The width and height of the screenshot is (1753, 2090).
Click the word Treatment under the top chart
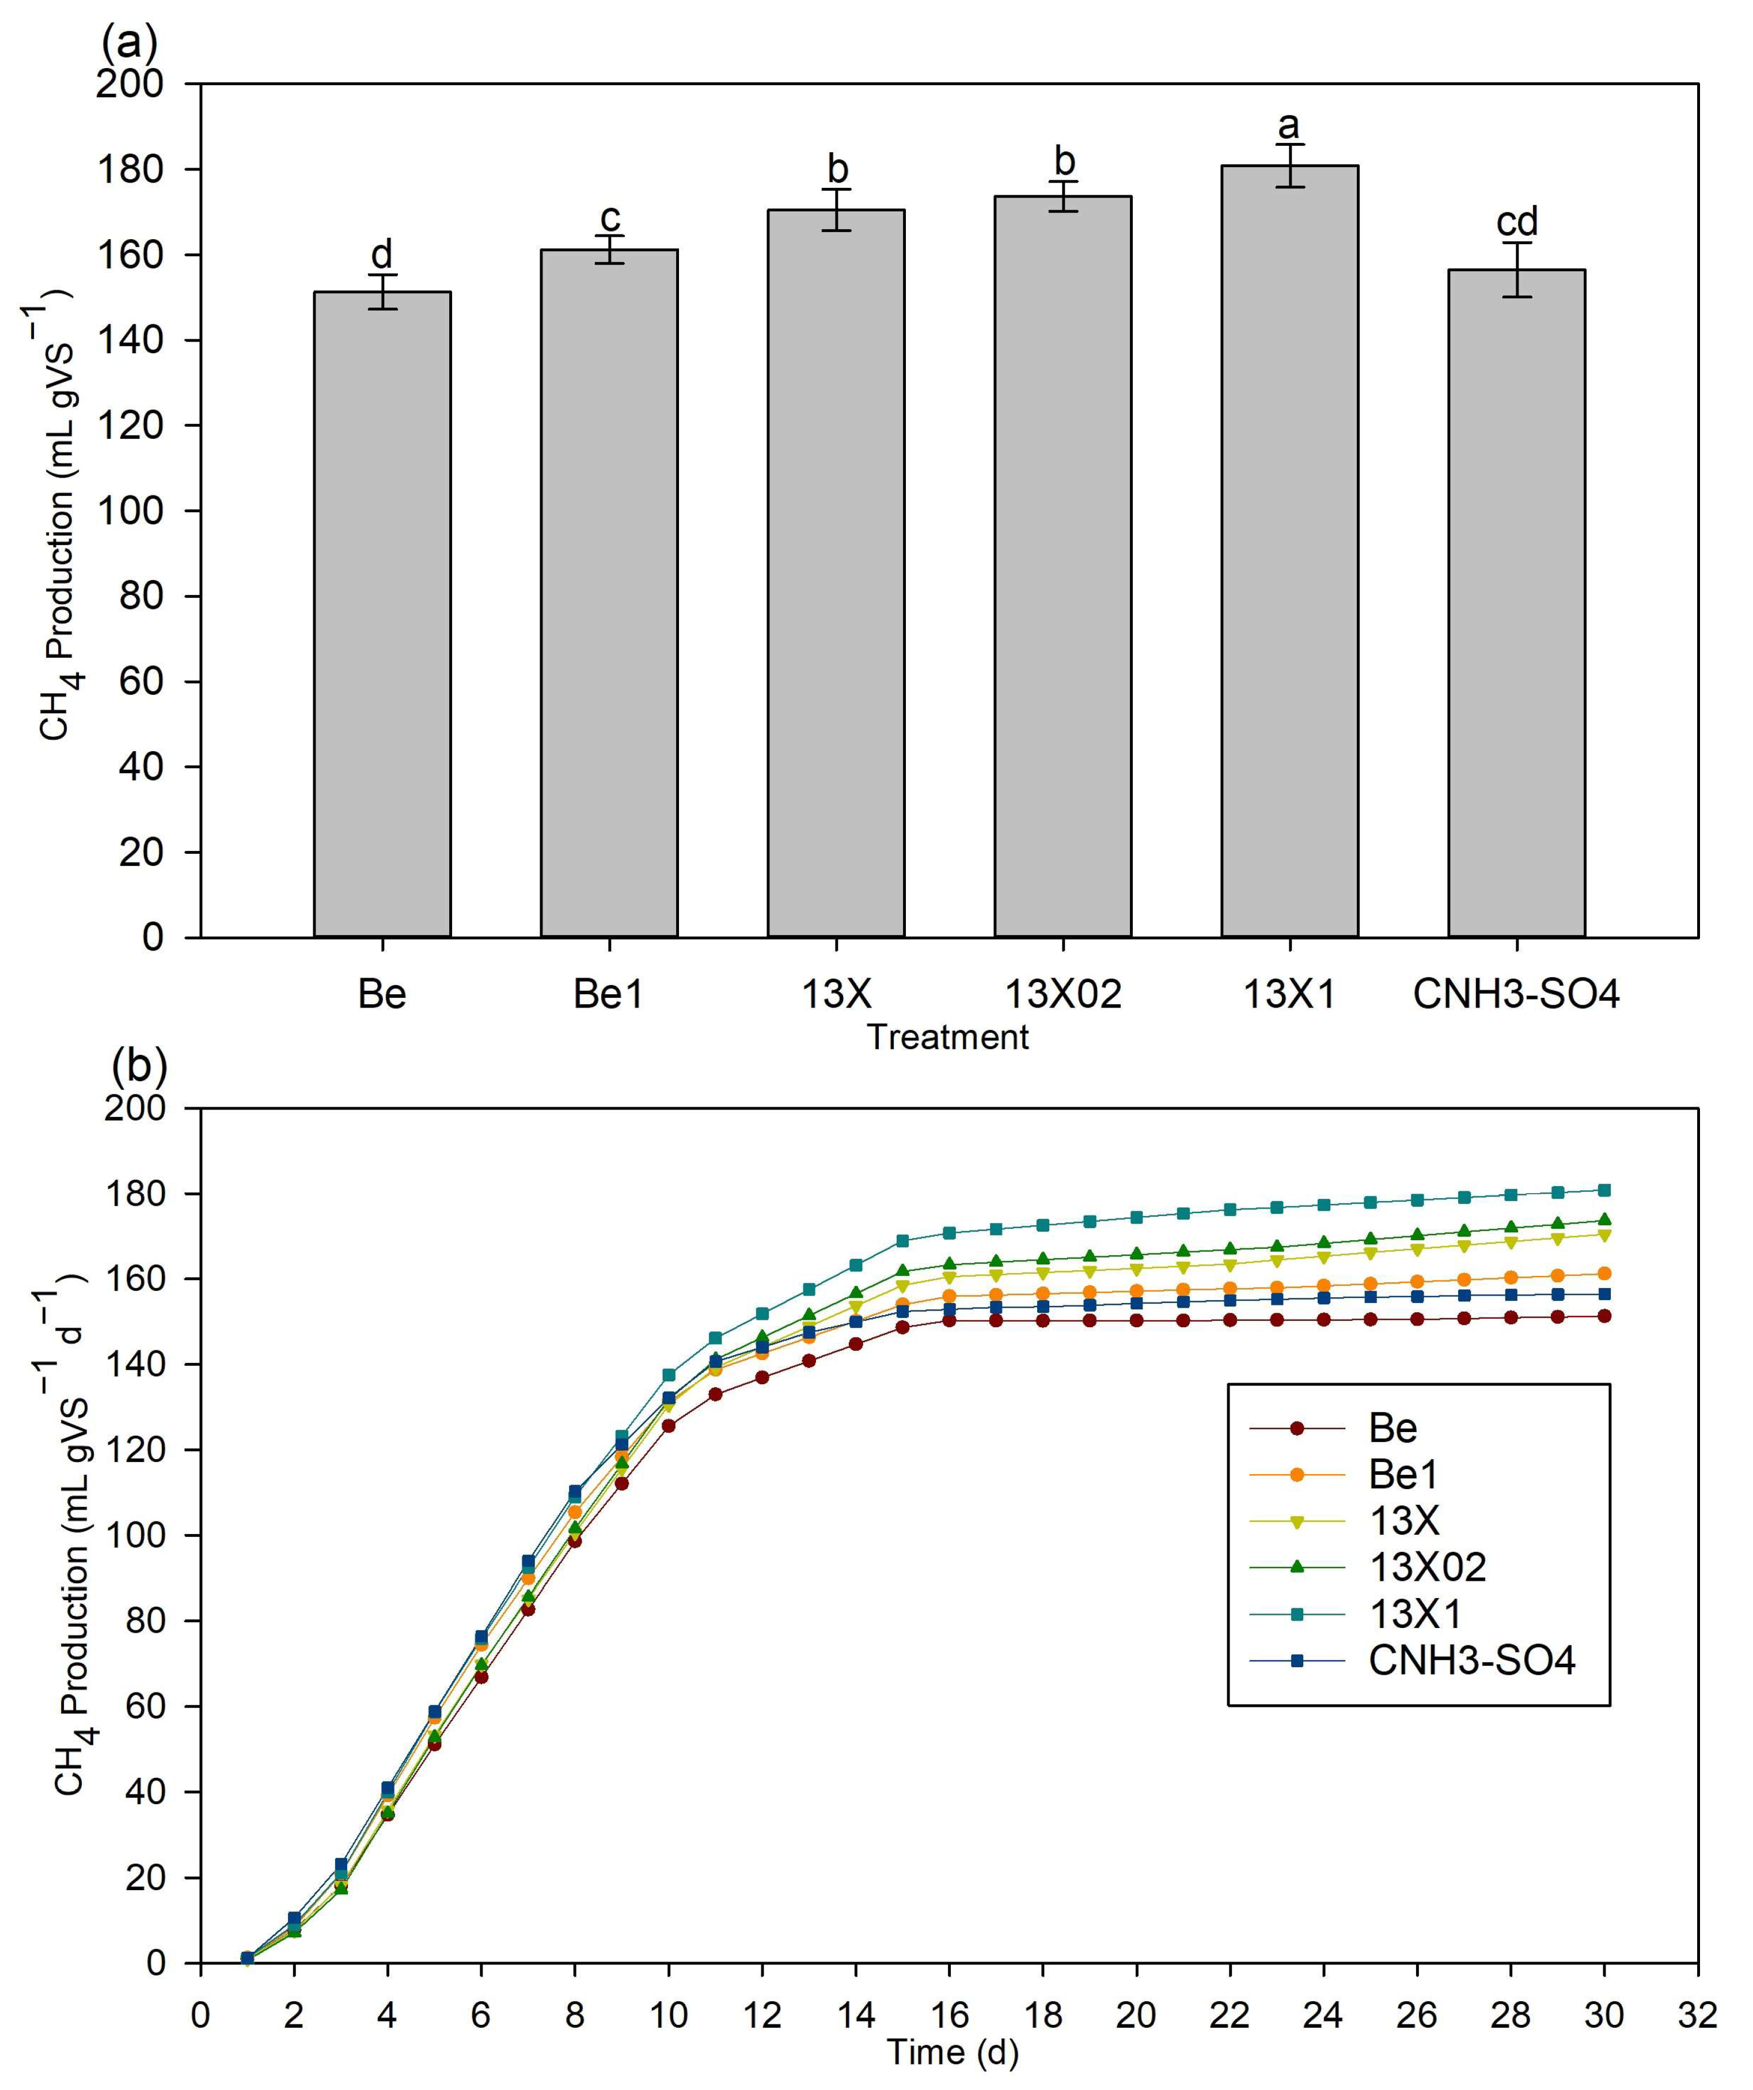click(x=947, y=1037)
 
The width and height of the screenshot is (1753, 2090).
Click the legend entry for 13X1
click(x=1415, y=1613)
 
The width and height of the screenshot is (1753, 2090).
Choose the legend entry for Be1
click(x=1403, y=1474)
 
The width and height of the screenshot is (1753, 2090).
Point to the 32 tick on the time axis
click(x=1697, y=2015)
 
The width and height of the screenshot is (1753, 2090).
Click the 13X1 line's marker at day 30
click(x=1604, y=1190)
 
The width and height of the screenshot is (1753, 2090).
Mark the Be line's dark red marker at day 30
click(x=1604, y=1316)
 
